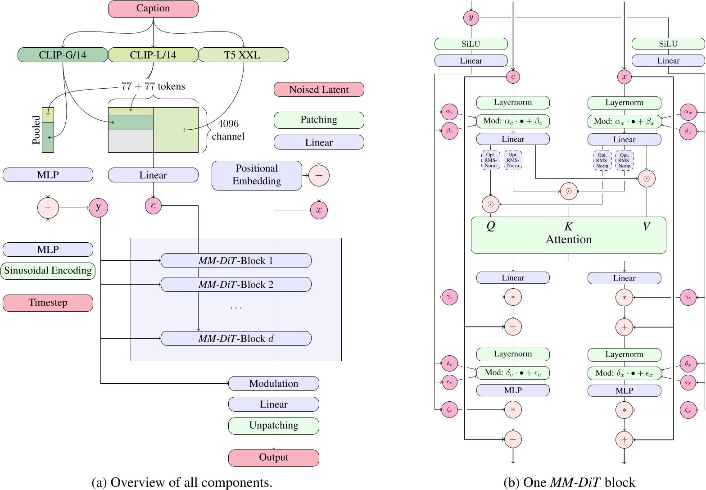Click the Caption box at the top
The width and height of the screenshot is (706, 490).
pos(153,9)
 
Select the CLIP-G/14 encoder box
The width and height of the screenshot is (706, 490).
pos(63,55)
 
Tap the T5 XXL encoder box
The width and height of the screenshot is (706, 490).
pos(243,55)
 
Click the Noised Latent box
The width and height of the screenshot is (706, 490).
pos(319,90)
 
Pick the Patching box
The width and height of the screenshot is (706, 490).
pos(319,120)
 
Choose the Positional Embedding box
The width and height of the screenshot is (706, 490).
pos(257,175)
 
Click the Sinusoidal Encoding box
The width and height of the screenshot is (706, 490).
pos(48,271)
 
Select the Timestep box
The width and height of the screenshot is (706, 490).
pos(48,303)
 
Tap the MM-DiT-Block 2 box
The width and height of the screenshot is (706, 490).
pos(236,285)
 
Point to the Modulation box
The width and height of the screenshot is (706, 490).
pos(274,384)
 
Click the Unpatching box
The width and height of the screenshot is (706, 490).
pos(274,426)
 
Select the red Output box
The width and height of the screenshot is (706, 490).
pos(274,458)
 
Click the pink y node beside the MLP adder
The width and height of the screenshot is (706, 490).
pos(98,207)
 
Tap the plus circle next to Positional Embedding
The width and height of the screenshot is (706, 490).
pos(319,176)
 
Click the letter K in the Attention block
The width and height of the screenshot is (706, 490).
pos(568,227)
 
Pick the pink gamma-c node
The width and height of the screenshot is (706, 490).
pos(449,297)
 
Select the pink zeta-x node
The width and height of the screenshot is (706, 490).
pos(688,410)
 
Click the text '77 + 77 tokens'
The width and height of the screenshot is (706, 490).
pos(153,86)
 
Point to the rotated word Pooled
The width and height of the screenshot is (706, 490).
pos(36,130)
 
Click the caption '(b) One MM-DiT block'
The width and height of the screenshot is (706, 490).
pos(569,482)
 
